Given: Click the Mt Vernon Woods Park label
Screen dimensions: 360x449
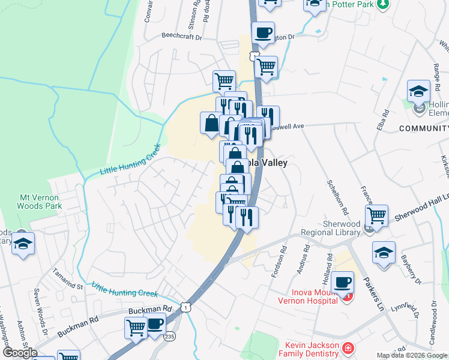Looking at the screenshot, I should point(41,201).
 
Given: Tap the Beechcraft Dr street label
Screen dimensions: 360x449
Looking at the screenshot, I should point(182,36).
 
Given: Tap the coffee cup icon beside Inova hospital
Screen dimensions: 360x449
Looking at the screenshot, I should point(342,281).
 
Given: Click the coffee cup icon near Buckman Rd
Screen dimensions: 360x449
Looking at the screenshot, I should point(154,323).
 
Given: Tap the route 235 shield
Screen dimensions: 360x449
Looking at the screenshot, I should point(170,336).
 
